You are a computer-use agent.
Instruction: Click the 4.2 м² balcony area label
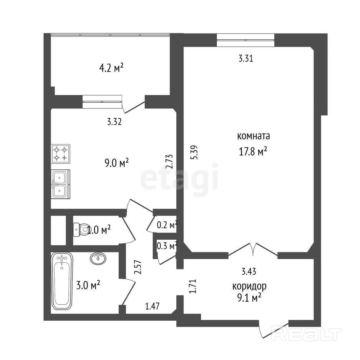click(112, 68)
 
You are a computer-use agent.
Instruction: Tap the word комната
click(253, 136)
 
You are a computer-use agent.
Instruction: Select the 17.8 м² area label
click(253, 151)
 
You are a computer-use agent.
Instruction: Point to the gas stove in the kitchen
click(61, 154)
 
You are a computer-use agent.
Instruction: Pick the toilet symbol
click(80, 229)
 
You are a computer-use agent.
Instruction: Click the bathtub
click(62, 281)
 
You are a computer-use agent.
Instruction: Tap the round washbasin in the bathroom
click(98, 258)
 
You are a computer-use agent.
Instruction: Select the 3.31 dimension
click(246, 59)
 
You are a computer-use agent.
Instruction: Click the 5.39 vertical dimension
click(195, 153)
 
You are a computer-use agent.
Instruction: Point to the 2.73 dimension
click(169, 162)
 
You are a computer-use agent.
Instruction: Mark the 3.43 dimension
click(249, 271)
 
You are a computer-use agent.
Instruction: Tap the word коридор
click(249, 286)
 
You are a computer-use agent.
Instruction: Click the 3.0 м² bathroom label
click(88, 285)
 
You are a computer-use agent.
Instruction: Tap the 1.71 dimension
click(193, 286)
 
